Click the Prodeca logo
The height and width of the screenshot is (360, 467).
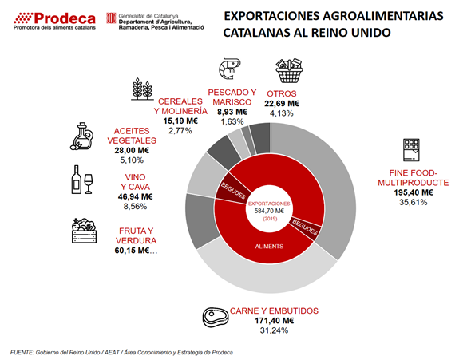click(54, 21)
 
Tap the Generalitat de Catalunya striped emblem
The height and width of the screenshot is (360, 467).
click(111, 18)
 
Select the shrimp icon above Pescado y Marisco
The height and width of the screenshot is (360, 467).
click(229, 69)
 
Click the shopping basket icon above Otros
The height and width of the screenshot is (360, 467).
click(289, 70)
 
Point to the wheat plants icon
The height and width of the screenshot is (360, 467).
click(142, 89)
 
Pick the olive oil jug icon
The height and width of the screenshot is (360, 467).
click(82, 136)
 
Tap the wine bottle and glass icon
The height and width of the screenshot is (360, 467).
click(82, 180)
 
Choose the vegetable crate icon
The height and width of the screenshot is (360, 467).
click(84, 231)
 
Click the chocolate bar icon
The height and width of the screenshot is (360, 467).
click(411, 150)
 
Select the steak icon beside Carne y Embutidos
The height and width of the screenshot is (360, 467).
click(216, 318)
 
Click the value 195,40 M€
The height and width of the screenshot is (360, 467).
click(414, 192)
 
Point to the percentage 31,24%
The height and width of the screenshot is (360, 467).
click(274, 330)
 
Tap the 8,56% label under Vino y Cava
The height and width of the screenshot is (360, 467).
click(135, 207)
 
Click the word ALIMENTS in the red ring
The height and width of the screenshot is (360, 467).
click(269, 247)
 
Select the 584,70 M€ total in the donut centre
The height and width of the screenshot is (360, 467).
click(269, 211)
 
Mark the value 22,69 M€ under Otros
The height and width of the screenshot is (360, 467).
click(282, 103)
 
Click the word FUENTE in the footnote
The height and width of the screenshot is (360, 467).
click(22, 353)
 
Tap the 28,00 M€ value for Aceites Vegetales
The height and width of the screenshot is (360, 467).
click(132, 150)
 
